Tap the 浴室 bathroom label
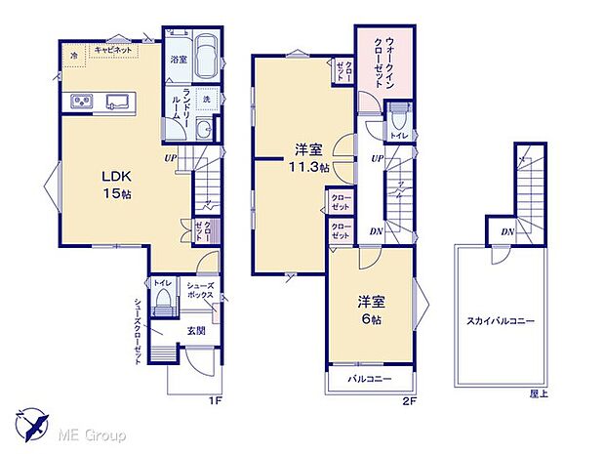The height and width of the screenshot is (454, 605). [179, 60]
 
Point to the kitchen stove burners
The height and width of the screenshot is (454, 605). [78, 103]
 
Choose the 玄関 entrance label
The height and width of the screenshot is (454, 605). [195, 330]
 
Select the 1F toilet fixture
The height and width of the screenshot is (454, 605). [162, 300]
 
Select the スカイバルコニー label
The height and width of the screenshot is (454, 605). [501, 320]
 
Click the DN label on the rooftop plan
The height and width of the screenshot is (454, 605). [507, 231]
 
